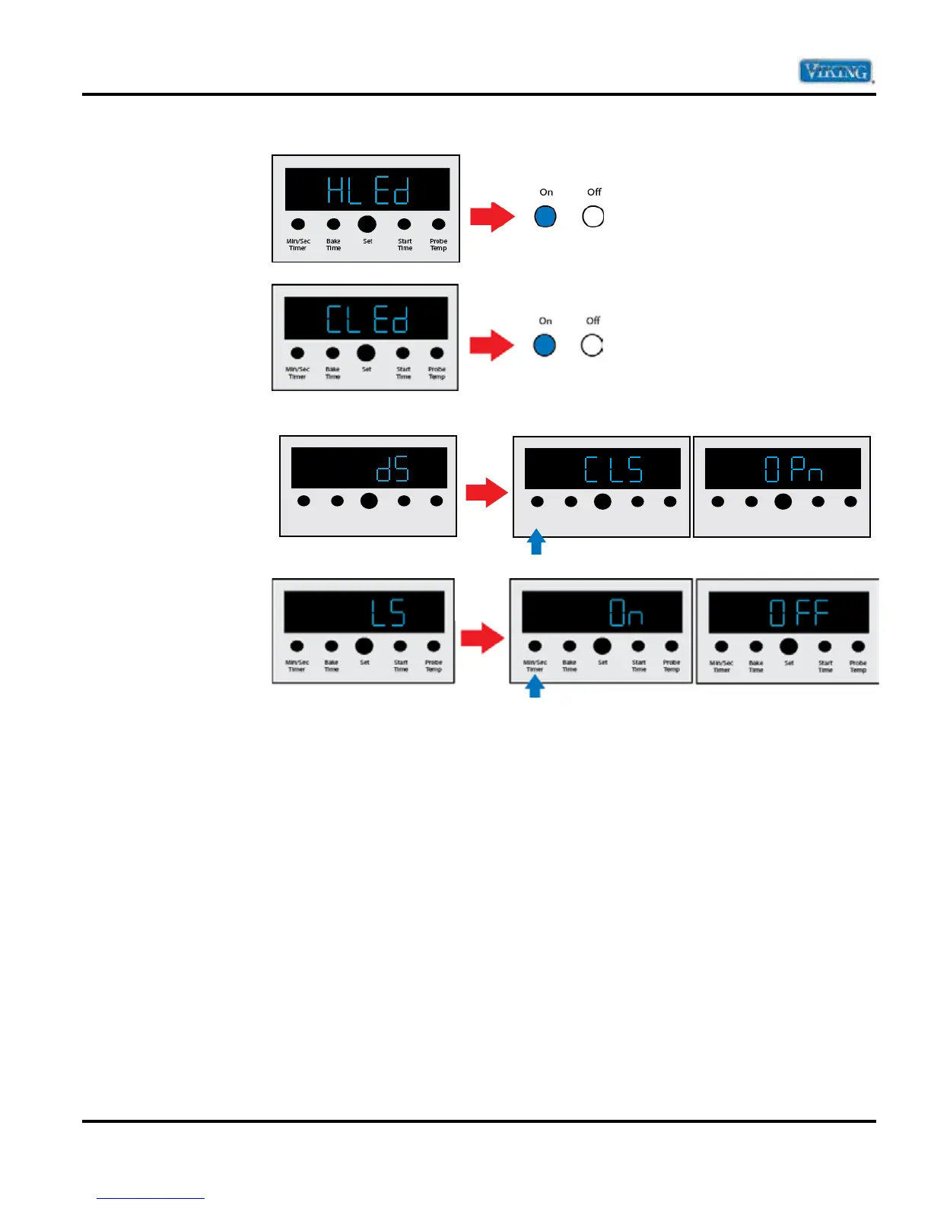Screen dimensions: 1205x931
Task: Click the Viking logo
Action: (x=835, y=72)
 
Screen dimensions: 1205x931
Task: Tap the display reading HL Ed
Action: (x=367, y=189)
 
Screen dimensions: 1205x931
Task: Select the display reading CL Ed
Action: (x=366, y=318)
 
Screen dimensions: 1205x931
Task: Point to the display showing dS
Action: (x=369, y=468)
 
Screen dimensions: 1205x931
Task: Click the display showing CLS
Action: (x=602, y=469)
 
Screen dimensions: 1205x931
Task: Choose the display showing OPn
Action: (x=783, y=469)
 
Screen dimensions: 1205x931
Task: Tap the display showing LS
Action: (x=364, y=612)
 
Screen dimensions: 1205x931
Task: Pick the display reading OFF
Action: (x=789, y=612)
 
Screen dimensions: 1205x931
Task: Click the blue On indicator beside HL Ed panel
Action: (x=545, y=217)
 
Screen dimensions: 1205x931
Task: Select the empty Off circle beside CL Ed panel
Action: (x=592, y=345)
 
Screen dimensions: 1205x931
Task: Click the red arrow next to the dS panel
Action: (x=486, y=492)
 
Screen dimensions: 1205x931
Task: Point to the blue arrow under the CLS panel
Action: (x=536, y=542)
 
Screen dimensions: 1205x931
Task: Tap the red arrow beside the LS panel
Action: (x=482, y=637)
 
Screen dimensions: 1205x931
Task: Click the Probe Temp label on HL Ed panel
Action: (x=438, y=245)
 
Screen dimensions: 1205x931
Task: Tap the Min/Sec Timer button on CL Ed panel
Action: (x=297, y=353)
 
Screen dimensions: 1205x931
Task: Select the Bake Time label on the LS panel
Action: (x=332, y=666)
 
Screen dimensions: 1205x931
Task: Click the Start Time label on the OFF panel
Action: (x=825, y=666)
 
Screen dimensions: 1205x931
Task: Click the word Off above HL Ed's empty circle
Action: (x=594, y=192)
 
